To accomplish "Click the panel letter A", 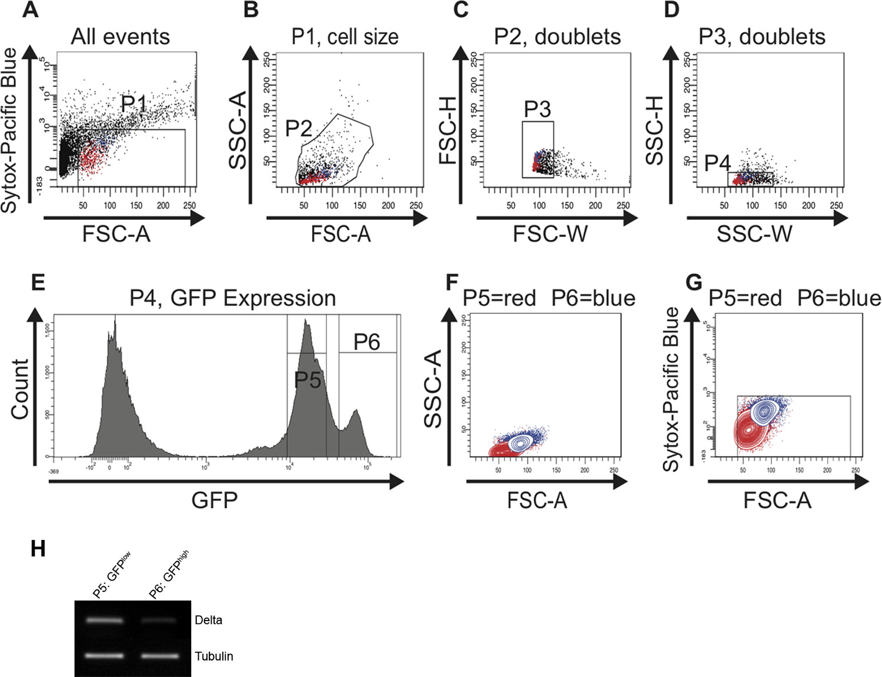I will click(30, 10).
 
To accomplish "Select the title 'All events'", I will click(120, 37).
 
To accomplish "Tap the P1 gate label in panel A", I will click(133, 104).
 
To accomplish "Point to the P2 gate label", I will click(298, 128).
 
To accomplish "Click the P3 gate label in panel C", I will click(537, 109).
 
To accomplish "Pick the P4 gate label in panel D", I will click(717, 163).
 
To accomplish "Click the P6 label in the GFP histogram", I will click(366, 342).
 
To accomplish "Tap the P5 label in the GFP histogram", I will click(308, 380).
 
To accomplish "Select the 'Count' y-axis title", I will click(20, 389).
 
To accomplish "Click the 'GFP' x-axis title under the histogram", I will click(215, 501).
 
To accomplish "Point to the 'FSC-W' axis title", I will click(550, 234).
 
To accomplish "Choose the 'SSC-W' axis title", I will click(754, 234).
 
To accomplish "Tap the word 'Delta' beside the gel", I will click(208, 620).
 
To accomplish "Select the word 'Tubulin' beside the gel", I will click(214, 656).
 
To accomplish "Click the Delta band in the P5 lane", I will click(105, 620).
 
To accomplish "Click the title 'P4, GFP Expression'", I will click(232, 298).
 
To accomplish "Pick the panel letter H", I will click(38, 549).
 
